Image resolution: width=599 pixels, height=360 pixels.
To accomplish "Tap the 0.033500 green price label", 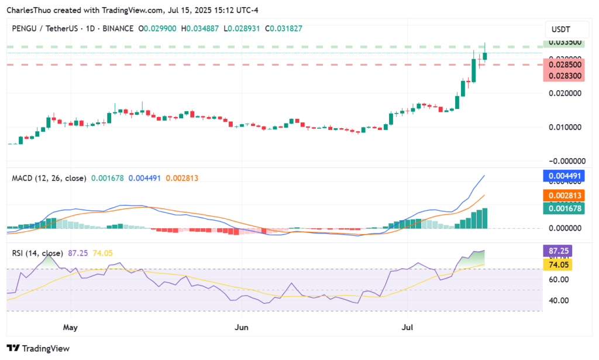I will point(564,42).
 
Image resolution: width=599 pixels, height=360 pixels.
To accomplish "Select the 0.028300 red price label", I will point(564,76).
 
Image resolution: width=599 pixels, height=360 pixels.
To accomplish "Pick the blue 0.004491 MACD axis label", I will point(564,175).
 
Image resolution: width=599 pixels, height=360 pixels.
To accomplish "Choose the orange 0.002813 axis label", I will point(564,196).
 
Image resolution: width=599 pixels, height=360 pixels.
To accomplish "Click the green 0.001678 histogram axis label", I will point(564,208).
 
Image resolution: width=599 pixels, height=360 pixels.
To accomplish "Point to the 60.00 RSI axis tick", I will point(559,279).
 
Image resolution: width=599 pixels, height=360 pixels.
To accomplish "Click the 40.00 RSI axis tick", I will point(559,300).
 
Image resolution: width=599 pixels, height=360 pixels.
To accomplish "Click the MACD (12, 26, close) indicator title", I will point(49,178).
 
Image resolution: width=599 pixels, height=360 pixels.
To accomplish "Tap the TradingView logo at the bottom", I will point(38,348).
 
